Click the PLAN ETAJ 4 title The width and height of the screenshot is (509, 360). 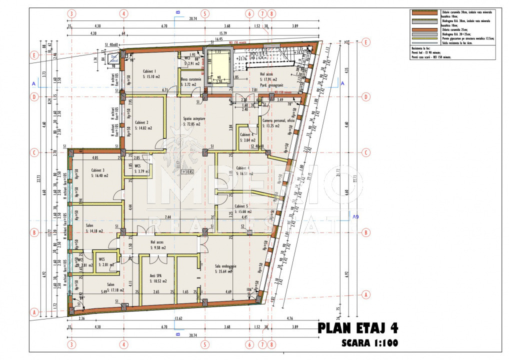coord(358,328)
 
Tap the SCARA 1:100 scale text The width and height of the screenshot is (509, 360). coord(370,343)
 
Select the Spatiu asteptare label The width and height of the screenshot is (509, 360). coord(195,118)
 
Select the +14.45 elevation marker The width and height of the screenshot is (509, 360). coord(188,171)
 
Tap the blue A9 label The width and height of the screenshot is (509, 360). coord(355,217)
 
